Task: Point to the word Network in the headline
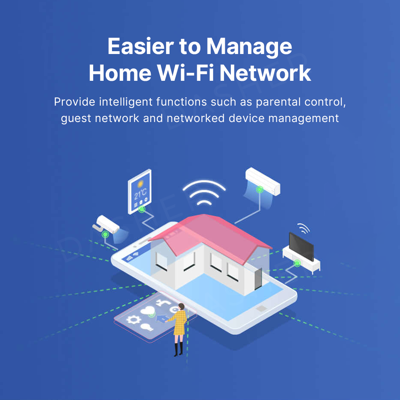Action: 265,73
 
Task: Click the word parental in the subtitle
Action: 279,102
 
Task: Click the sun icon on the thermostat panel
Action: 140,184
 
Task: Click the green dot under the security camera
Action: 105,234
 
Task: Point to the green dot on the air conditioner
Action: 260,189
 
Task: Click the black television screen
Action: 301,246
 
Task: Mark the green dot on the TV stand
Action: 297,263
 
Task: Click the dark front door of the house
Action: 257,278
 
